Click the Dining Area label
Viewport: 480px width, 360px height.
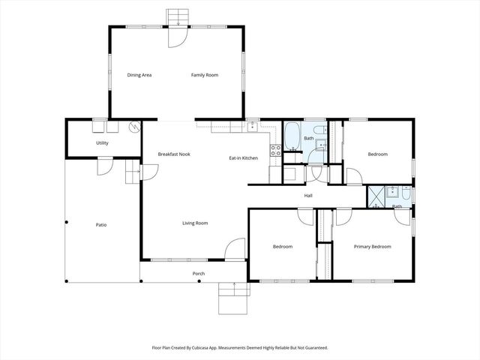coord(139,75)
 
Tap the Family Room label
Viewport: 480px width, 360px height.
coord(204,75)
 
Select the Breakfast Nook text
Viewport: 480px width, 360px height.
coord(174,154)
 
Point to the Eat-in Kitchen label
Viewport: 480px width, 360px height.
coord(243,157)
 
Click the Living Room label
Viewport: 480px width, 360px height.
coord(195,223)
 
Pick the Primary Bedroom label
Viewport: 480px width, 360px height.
coord(372,246)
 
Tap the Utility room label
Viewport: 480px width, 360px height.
coord(102,142)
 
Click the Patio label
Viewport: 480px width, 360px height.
coord(100,224)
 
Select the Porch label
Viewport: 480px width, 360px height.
coord(199,274)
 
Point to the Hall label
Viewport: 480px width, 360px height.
coord(308,196)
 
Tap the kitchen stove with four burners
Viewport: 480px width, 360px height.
coord(275,148)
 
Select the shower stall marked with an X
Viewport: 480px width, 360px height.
coord(375,196)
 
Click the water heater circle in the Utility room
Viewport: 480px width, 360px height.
coord(134,127)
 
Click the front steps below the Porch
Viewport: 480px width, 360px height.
coord(233,299)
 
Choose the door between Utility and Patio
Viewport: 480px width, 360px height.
coord(105,166)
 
